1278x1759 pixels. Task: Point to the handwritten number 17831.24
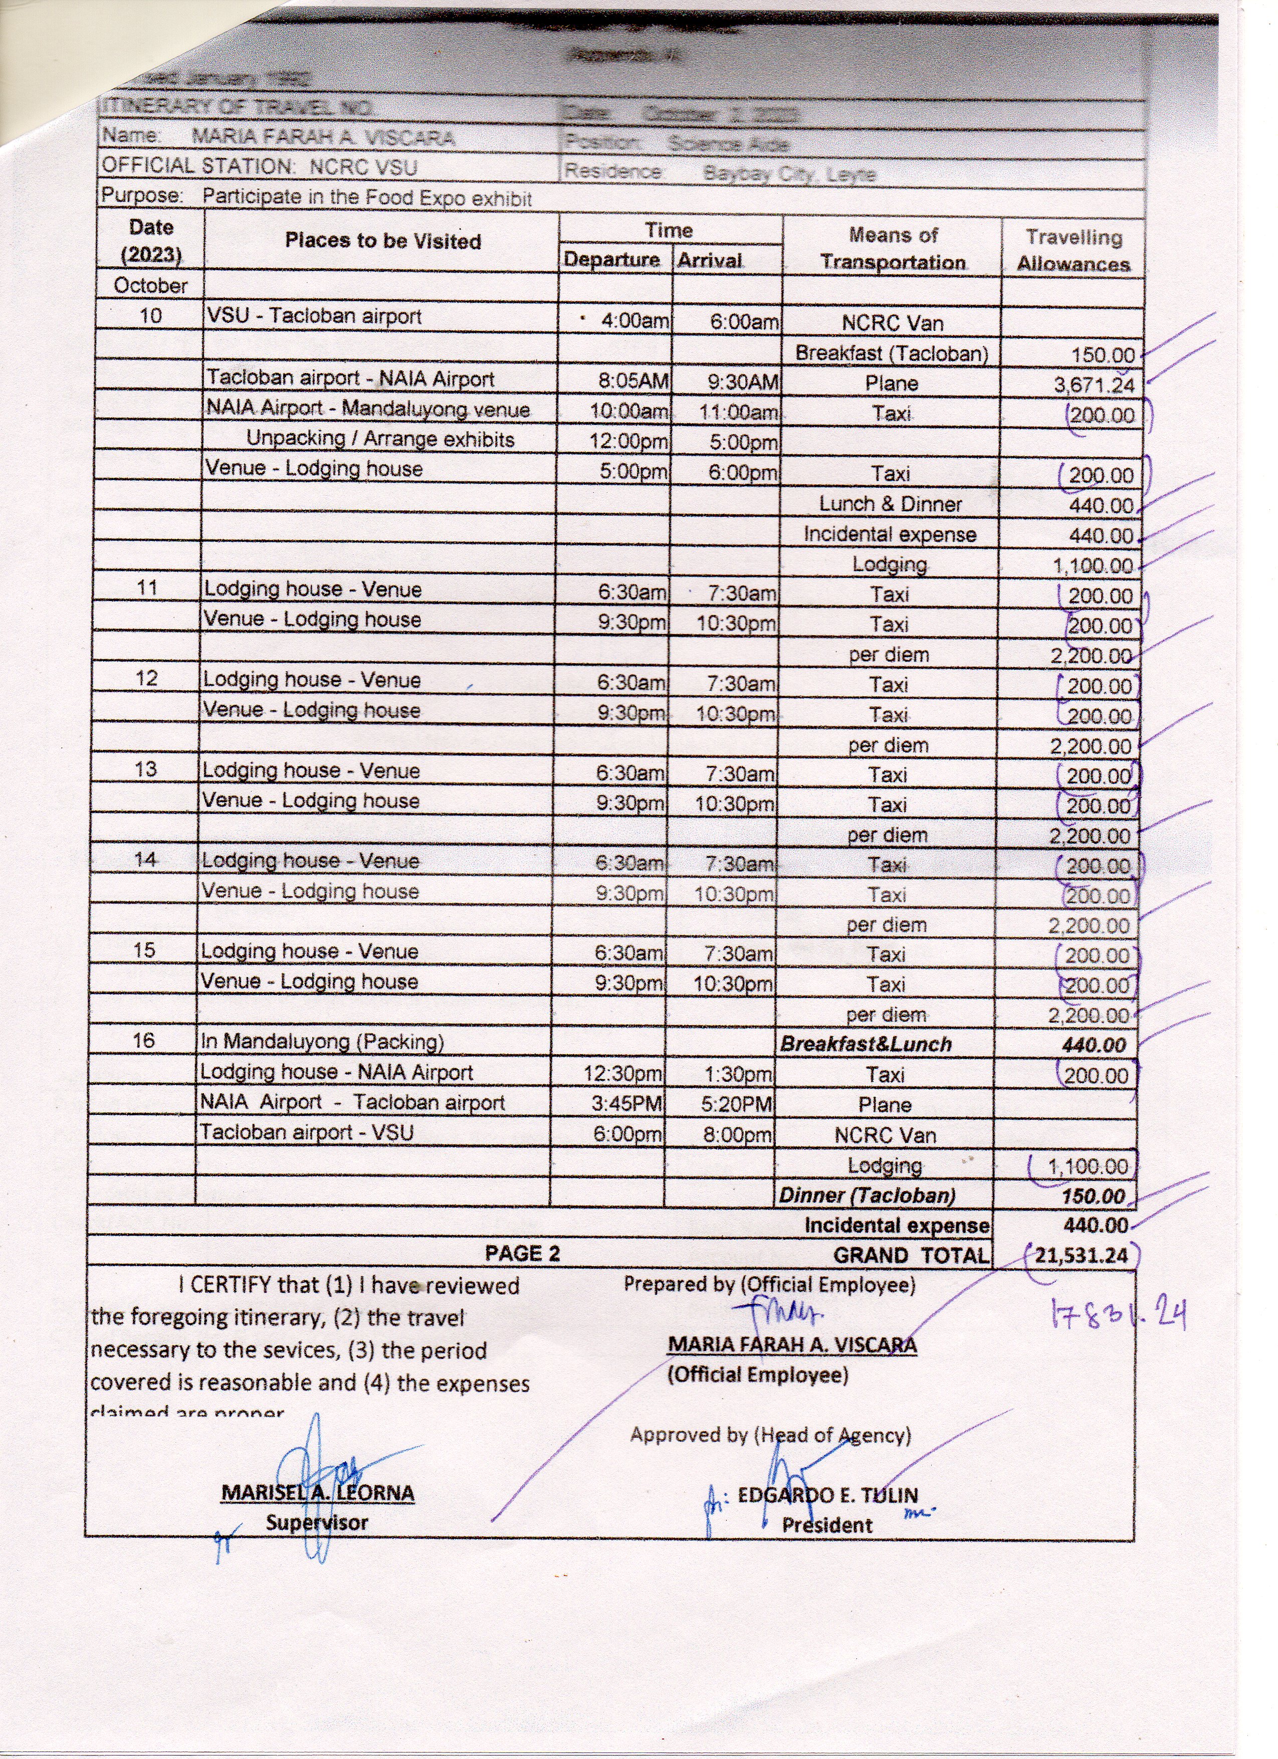point(1118,1316)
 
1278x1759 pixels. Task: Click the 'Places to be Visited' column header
point(383,241)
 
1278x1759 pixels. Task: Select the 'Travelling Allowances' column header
point(1074,250)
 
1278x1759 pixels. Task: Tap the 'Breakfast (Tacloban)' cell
point(892,354)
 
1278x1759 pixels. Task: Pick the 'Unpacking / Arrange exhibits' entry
point(380,440)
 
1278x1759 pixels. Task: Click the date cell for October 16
point(143,1040)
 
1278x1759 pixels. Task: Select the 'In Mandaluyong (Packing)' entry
point(322,1042)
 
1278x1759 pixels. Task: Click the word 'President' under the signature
point(826,1525)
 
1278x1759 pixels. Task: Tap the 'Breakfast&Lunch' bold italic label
point(866,1045)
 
